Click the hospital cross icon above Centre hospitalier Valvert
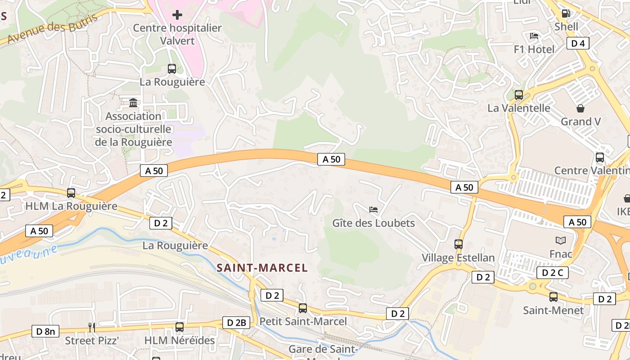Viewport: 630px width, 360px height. (177, 15)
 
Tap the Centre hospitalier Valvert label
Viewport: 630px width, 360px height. (177, 34)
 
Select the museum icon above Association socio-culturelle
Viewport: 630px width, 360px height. (133, 103)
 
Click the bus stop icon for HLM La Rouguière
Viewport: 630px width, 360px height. (71, 193)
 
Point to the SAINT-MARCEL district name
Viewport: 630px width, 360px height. (262, 268)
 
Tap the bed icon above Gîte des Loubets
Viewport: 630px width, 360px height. (373, 210)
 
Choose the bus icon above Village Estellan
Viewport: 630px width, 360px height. (458, 244)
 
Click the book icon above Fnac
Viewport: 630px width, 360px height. (560, 241)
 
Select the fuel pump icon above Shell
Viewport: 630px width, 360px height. (566, 13)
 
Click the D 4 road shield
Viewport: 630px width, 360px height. (578, 43)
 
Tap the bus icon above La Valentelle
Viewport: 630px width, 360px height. (519, 95)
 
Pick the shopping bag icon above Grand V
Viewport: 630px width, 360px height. (580, 108)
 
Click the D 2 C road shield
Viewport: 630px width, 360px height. (552, 273)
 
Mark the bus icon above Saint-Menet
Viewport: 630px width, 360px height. (553, 297)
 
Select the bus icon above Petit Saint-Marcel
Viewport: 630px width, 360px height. (303, 308)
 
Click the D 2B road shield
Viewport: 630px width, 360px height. (236, 323)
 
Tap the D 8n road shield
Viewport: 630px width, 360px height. (46, 332)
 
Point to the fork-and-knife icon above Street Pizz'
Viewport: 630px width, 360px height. (92, 327)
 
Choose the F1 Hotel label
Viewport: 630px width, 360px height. (534, 49)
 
